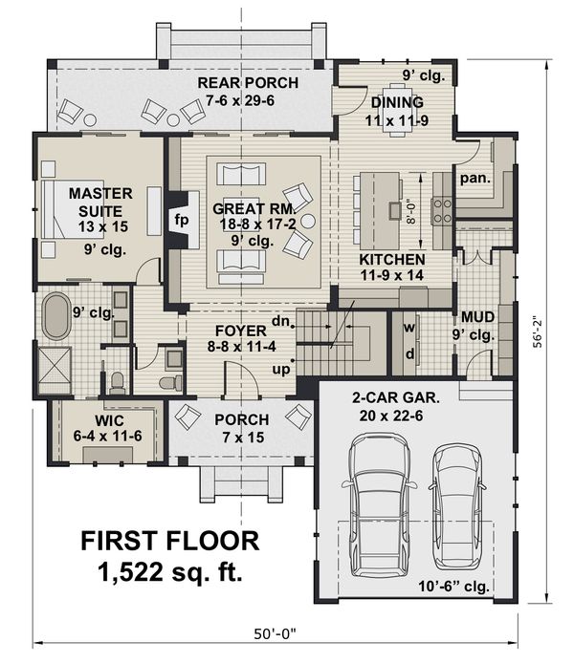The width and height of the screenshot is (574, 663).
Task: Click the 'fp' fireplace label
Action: pos(181,218)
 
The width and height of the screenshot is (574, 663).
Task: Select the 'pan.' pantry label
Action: pos(475,178)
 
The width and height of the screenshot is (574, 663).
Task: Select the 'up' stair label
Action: pos(282,368)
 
